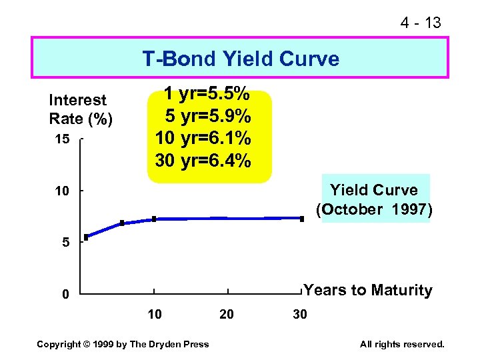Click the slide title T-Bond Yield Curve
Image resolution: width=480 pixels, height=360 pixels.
[240, 59]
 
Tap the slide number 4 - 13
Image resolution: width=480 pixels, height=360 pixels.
[420, 23]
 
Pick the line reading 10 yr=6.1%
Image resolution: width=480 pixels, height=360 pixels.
[203, 138]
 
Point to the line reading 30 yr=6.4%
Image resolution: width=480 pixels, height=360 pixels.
[203, 161]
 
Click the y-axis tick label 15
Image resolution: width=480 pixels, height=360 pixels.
[61, 139]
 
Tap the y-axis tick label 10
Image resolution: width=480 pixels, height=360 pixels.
[61, 191]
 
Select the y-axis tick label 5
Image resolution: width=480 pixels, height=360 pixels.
[65, 243]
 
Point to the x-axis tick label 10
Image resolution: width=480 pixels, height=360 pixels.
[154, 314]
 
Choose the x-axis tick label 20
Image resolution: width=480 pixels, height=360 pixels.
[227, 314]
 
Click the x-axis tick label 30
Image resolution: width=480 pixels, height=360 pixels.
[300, 314]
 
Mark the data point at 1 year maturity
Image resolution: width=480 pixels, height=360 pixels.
[86, 237]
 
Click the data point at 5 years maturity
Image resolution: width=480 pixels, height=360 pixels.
[122, 223]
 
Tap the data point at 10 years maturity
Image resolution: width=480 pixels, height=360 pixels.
[154, 219]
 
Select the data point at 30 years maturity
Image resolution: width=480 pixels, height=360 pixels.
[301, 218]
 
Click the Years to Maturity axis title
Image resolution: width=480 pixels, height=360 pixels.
[367, 290]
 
